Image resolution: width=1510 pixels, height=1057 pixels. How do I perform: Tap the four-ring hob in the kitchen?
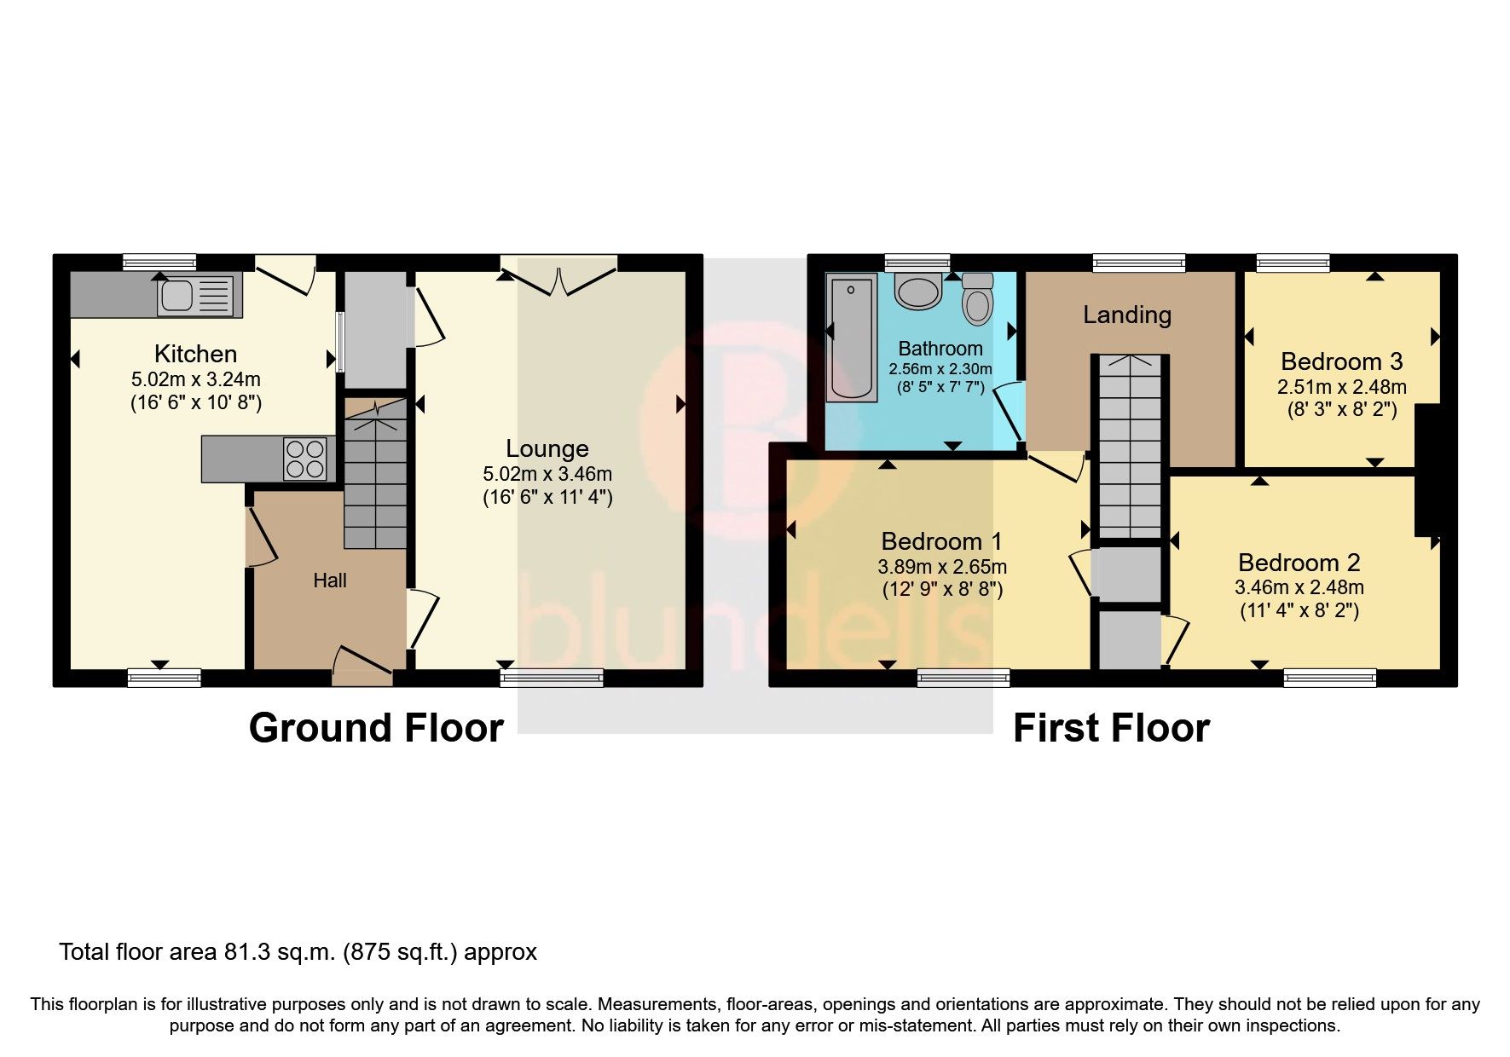tap(305, 459)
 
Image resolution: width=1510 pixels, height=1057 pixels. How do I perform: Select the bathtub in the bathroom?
tap(852, 337)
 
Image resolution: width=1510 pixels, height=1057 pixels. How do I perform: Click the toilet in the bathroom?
tap(978, 299)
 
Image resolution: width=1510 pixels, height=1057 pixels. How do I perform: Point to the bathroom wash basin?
tap(917, 291)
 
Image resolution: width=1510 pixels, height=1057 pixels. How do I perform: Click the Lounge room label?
tap(547, 448)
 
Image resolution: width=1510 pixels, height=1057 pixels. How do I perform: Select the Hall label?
tap(329, 580)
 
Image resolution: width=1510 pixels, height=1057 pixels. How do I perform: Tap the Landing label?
tap(1126, 315)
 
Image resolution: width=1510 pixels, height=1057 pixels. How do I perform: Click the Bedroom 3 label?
tap(1341, 361)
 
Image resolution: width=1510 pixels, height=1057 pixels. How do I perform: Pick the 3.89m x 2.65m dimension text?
tap(941, 566)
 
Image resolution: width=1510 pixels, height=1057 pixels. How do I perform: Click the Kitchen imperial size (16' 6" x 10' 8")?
tap(195, 402)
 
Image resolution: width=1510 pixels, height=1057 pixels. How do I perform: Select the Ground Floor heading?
tap(376, 728)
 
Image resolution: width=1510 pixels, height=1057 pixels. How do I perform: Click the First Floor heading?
tap(1110, 728)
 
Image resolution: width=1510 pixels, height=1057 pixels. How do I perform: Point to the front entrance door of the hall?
tap(362, 667)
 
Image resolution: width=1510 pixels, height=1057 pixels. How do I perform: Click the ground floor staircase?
tap(375, 477)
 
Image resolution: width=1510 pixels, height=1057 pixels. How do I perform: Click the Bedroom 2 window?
tap(1329, 679)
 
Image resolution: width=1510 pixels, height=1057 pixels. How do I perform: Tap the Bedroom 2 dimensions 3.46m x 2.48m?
tap(1299, 587)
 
